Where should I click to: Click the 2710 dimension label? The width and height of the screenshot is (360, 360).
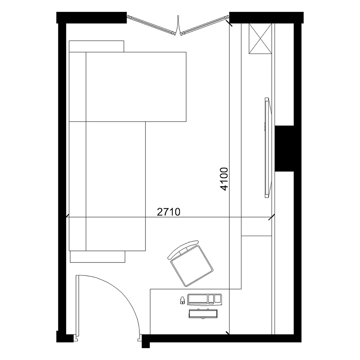click(x=169, y=212)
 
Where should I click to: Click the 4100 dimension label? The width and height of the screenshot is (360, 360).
click(x=224, y=179)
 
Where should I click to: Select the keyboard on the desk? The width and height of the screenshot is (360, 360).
click(x=205, y=300)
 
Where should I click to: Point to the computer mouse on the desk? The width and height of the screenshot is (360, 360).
click(x=182, y=300)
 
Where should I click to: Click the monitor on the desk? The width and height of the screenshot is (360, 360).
click(x=203, y=314)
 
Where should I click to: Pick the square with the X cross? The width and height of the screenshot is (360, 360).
click(x=260, y=39)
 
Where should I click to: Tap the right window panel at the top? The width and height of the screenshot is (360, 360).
click(x=204, y=26)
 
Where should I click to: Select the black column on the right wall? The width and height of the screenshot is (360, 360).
click(x=284, y=148)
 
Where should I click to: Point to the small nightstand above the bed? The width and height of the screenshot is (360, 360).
click(x=96, y=46)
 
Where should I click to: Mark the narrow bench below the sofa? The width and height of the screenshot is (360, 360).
click(x=98, y=256)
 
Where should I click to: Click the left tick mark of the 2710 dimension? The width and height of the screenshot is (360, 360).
click(x=67, y=216)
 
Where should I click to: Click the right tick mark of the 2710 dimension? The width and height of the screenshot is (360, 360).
click(x=272, y=217)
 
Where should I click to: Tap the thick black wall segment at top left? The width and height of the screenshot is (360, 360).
click(x=91, y=18)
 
